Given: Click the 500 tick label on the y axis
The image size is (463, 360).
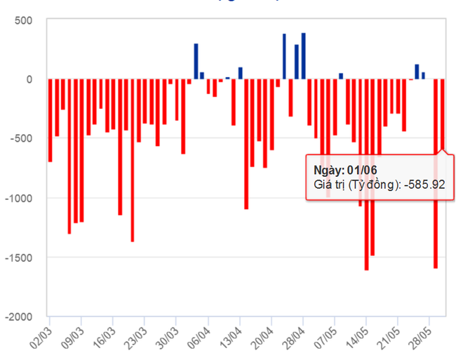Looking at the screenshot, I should pyautogui.click(x=24, y=20).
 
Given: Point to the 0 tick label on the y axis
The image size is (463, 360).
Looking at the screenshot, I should pyautogui.click(x=29, y=79).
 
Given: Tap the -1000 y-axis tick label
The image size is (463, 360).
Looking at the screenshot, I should pyautogui.click(x=19, y=198).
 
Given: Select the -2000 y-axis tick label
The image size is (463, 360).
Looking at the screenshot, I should pyautogui.click(x=19, y=316).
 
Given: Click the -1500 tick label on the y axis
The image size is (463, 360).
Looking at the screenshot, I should pyautogui.click(x=19, y=258).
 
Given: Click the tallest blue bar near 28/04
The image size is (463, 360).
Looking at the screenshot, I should pyautogui.click(x=303, y=56).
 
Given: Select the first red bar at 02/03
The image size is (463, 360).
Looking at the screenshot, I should pyautogui.click(x=50, y=120).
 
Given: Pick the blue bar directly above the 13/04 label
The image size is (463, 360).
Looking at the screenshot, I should pyautogui.click(x=240, y=73).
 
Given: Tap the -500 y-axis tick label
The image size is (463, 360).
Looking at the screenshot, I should pyautogui.click(x=22, y=139).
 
